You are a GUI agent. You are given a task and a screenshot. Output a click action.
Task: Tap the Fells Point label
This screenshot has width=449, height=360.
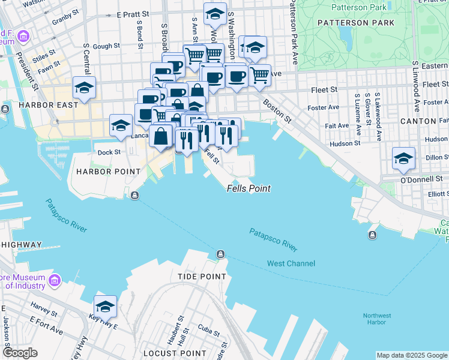click(x=249, y=188)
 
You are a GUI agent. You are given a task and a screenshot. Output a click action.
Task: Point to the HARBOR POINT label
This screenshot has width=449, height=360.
click(x=99, y=172)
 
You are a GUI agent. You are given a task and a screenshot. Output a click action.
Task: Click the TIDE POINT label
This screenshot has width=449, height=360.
click(x=202, y=277)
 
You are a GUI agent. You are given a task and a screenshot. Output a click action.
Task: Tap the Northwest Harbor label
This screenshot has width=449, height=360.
click(x=376, y=319)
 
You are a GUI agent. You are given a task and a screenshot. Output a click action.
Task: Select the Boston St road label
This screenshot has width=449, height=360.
click(x=277, y=112)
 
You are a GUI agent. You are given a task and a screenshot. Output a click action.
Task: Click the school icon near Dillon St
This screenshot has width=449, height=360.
click(x=403, y=158)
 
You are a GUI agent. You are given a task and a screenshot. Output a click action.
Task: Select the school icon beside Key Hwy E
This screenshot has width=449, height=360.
click(x=106, y=305)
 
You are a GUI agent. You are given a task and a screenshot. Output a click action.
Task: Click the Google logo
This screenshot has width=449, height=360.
click(x=20, y=353)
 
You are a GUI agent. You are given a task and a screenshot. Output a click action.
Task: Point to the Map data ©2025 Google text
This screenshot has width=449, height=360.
click(x=412, y=355)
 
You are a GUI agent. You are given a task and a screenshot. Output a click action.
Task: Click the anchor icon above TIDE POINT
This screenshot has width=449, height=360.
click(x=221, y=254)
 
